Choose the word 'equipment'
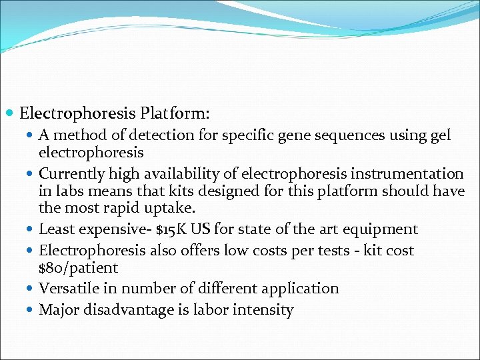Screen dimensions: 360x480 pyautogui.click(x=379, y=229)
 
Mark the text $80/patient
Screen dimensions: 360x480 pyautogui.click(x=78, y=268)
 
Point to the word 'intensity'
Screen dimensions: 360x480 pyautogui.click(x=265, y=310)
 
